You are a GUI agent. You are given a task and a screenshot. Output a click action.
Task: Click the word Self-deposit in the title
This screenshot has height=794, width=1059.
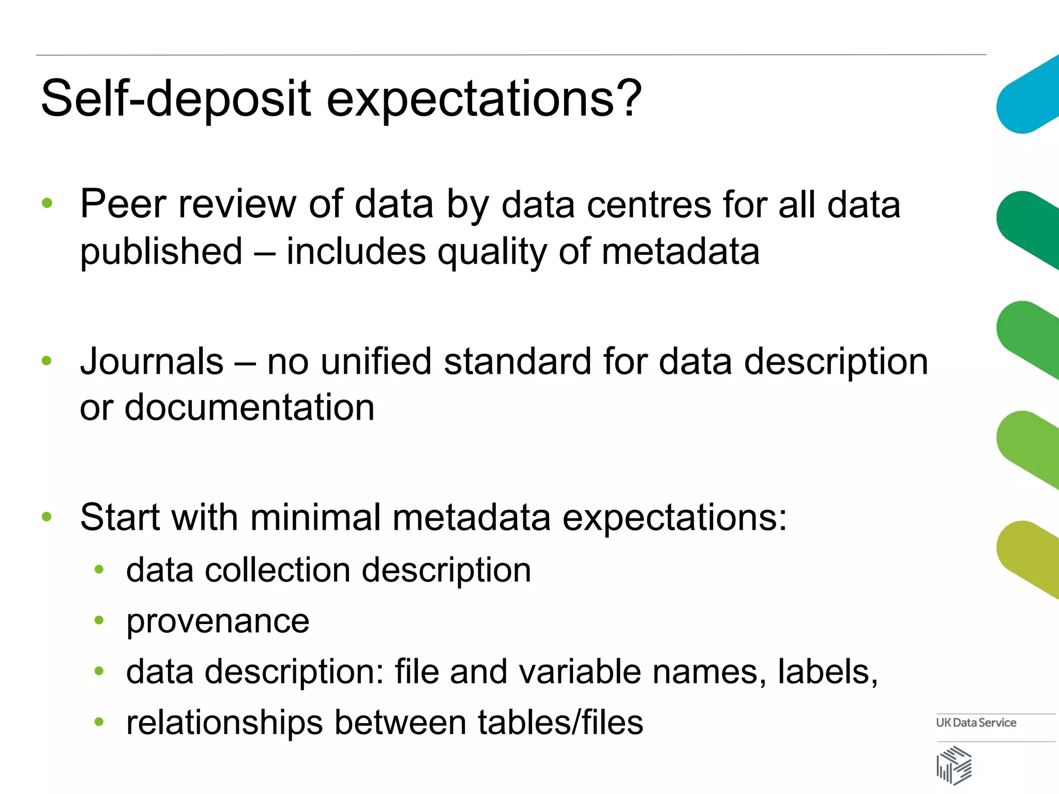pos(176,98)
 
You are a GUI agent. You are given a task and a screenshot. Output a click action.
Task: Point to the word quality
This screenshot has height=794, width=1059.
pos(492,252)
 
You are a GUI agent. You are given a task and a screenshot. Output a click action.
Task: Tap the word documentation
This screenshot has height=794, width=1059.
pos(250,407)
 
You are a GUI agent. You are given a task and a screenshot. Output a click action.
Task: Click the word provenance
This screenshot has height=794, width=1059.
pos(218,621)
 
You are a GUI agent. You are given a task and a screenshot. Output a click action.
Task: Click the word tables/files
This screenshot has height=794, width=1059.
pos(561,722)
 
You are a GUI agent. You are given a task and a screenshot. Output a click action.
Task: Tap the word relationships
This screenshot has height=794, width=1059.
pos(224,723)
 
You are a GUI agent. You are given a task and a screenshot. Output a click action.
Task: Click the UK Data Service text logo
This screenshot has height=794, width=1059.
pos(976,723)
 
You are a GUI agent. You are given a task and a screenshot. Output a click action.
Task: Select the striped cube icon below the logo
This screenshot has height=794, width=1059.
pos(954,766)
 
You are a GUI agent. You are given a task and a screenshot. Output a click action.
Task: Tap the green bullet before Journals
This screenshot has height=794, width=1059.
pos(47,361)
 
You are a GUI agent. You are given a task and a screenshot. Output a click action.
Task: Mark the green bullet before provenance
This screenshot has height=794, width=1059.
pos(99,620)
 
